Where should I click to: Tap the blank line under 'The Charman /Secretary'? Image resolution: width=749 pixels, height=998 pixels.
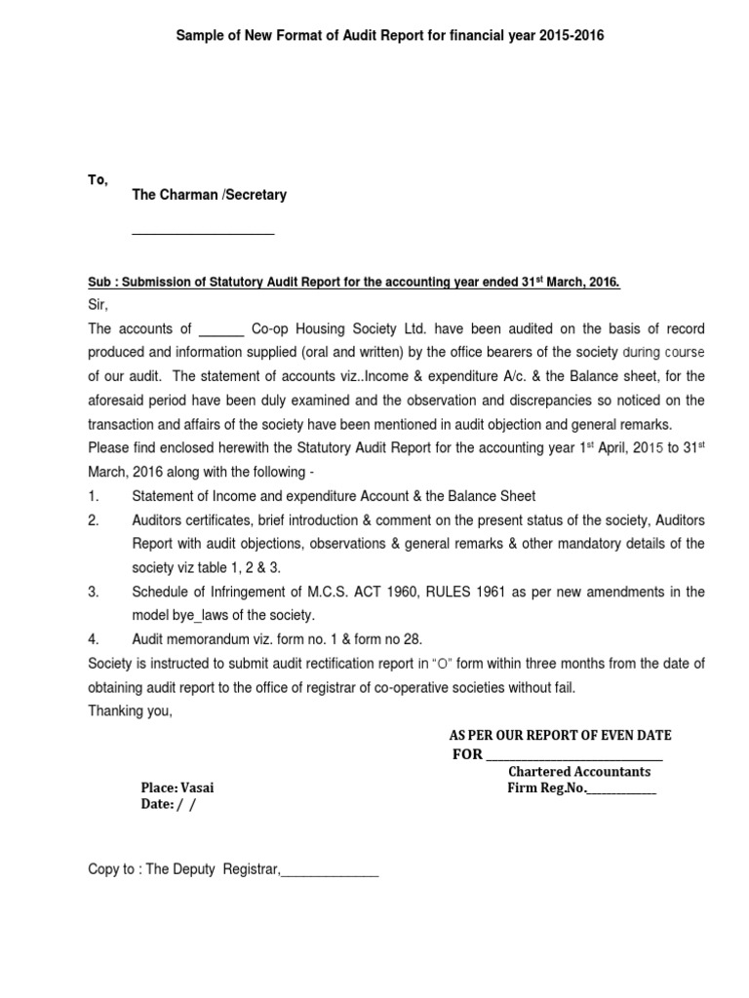[203, 232]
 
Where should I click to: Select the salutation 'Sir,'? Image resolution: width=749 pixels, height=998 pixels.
[98, 304]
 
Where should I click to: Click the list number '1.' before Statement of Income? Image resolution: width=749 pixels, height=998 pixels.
[94, 496]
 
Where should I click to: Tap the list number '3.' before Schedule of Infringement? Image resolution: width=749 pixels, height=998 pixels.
[94, 593]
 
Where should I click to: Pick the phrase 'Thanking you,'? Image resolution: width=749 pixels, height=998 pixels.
[130, 710]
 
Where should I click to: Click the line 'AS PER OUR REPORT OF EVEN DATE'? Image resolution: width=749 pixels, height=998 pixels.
[560, 734]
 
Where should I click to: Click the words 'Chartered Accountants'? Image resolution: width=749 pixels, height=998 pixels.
[579, 772]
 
